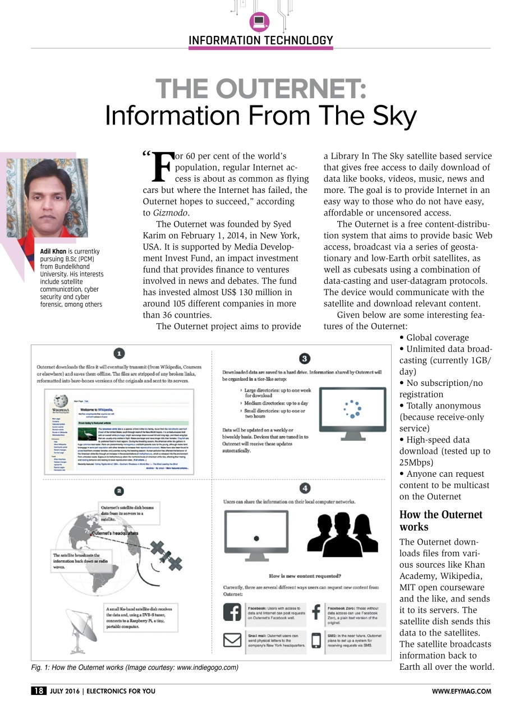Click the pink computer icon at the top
click(259, 21)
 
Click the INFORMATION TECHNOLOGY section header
click(260, 40)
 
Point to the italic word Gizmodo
click(171, 213)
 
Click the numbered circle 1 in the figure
click(119, 353)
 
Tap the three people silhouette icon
click(342, 532)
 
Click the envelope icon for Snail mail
click(232, 640)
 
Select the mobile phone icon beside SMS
click(316, 641)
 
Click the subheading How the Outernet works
click(440, 521)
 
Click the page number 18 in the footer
click(39, 691)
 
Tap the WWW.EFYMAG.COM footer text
click(461, 692)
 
